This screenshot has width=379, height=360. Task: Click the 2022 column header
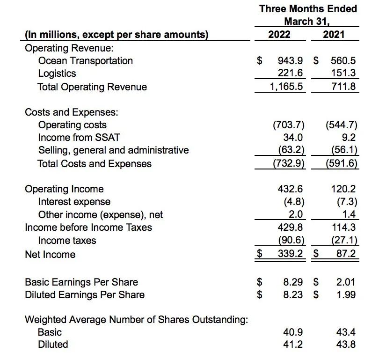point(279,34)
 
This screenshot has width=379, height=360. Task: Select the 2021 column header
point(334,34)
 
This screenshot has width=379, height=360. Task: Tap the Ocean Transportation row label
point(85,61)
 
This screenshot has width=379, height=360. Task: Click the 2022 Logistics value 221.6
point(291,73)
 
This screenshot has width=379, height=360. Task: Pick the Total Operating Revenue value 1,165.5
point(286,87)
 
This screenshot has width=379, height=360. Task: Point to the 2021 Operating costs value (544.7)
point(341,125)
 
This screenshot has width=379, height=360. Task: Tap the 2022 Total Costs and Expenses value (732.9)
point(288,164)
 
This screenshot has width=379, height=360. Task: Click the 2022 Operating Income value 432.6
point(291,189)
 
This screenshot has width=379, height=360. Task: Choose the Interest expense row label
point(74,202)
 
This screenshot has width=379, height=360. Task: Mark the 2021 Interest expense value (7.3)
point(347,202)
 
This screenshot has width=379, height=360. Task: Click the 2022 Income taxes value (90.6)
point(291,241)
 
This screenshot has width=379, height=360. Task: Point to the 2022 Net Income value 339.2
point(291,254)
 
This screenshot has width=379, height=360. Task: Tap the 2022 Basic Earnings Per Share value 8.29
point(293,282)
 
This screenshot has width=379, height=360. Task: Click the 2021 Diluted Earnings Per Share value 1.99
point(346,295)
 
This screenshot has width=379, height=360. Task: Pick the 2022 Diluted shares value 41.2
point(293,345)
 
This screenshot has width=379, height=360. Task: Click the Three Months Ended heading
point(308,9)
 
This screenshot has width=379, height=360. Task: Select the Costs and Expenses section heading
point(71,112)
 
